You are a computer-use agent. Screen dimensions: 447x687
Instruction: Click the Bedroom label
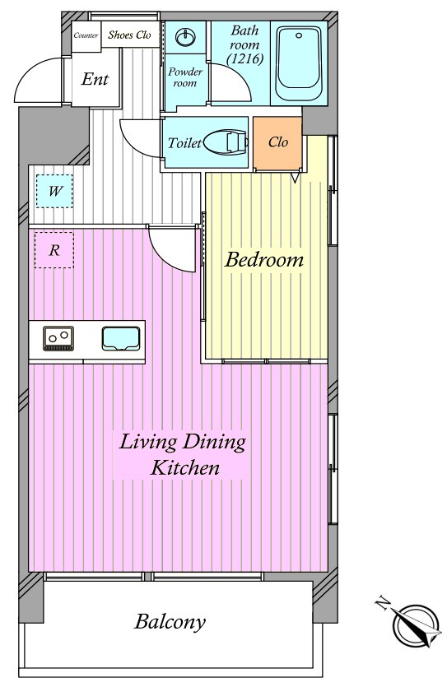coord(263,259)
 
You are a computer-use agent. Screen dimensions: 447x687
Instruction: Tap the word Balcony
coord(170,621)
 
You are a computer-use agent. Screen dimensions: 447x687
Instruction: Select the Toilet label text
coord(184,143)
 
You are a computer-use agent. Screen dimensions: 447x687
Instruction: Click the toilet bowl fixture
coord(226,143)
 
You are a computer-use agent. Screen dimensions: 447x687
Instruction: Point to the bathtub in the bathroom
coord(299,64)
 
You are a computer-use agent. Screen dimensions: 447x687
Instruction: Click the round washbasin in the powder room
coord(185,37)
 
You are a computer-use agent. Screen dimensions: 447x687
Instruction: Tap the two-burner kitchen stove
coord(58,338)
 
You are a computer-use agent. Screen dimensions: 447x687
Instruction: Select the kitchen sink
coord(121,339)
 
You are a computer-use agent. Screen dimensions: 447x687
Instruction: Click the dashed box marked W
coord(54,191)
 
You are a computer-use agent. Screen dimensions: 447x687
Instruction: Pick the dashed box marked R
coord(54,250)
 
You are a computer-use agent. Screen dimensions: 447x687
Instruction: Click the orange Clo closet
coord(277,143)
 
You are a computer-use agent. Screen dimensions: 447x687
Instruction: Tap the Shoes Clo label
coord(129,35)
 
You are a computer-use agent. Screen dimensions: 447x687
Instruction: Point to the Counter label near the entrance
coord(86,35)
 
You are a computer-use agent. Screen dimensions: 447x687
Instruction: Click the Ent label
coord(95,79)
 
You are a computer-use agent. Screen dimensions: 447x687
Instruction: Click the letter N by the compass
coord(383,603)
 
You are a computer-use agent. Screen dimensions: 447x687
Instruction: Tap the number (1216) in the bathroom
coord(245,58)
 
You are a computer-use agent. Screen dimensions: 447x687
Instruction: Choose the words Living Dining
coord(182,442)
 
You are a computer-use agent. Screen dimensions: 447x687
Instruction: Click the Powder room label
coord(185,77)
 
